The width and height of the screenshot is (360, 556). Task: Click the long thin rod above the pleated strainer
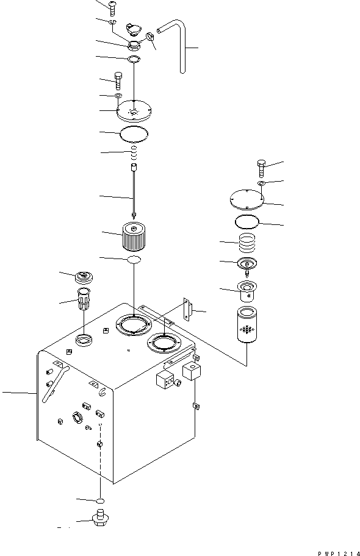tap(134, 189)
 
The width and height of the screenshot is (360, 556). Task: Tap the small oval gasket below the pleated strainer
tap(134, 260)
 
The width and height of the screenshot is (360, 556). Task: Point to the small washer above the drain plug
tap(99, 500)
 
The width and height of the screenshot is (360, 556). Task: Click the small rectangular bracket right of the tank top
tap(189, 310)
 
